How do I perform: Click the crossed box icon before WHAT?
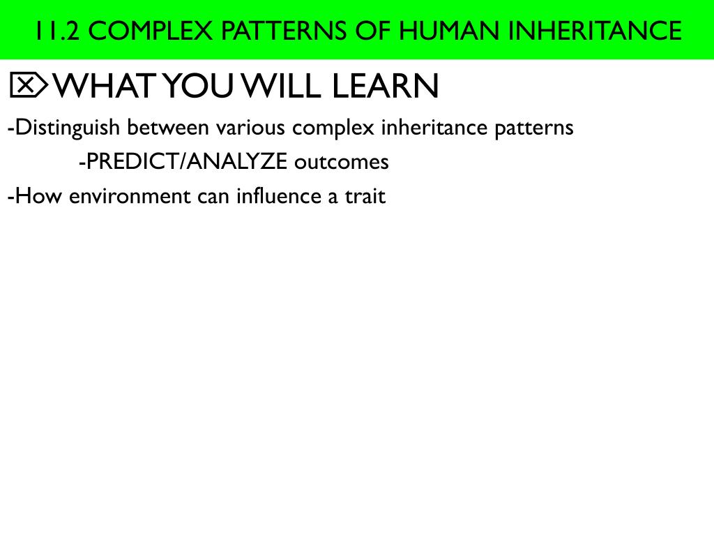(x=28, y=86)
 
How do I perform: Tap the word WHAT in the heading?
(x=105, y=86)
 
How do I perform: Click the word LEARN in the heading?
(x=386, y=86)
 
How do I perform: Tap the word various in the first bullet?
(x=251, y=128)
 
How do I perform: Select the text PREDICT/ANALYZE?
(x=184, y=162)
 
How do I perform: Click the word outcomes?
(x=341, y=162)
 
